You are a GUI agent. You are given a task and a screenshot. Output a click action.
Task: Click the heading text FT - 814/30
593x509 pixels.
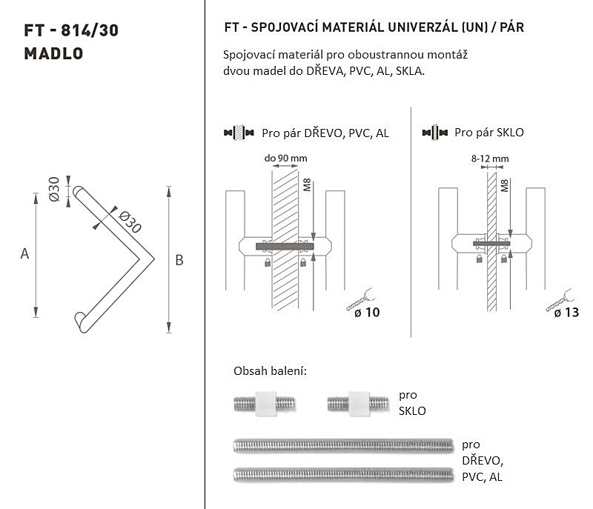pyautogui.click(x=71, y=30)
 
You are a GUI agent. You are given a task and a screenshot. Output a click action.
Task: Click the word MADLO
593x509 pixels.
pyautogui.click(x=53, y=53)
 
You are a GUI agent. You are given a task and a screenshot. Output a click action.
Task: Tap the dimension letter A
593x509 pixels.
pyautogui.click(x=24, y=253)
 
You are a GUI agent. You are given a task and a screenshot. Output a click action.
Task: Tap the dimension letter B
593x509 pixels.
pyautogui.click(x=179, y=260)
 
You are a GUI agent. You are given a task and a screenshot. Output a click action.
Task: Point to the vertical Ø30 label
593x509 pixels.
pyautogui.click(x=54, y=189)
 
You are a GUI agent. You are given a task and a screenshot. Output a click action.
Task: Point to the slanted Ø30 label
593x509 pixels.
pyautogui.click(x=130, y=222)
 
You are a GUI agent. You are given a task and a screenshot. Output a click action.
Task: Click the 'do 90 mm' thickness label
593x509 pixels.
pyautogui.click(x=285, y=158)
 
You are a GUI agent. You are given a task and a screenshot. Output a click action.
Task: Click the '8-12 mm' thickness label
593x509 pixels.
pyautogui.click(x=490, y=159)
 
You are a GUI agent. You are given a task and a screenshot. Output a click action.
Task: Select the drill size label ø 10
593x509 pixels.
pyautogui.click(x=367, y=313)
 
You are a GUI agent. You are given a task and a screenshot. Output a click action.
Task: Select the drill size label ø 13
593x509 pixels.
pyautogui.click(x=566, y=313)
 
